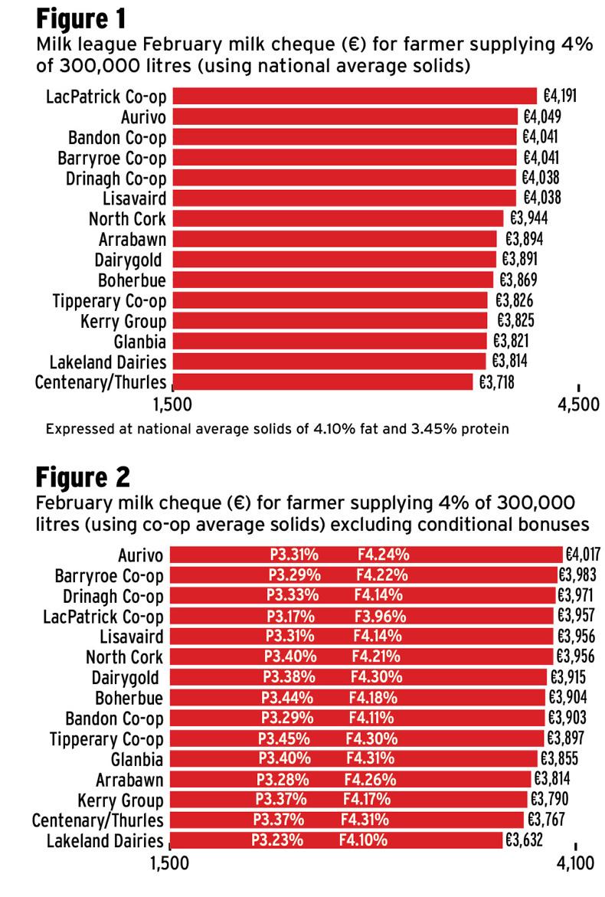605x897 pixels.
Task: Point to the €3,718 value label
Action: point(496,381)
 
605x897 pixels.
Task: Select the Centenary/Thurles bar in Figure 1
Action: point(322,381)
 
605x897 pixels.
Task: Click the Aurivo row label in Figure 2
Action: point(141,555)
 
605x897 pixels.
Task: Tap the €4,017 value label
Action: point(584,555)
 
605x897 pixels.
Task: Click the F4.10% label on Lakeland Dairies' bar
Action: point(365,841)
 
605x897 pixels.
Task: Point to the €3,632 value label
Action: point(523,841)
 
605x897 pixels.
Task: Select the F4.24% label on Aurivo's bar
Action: point(383,555)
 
